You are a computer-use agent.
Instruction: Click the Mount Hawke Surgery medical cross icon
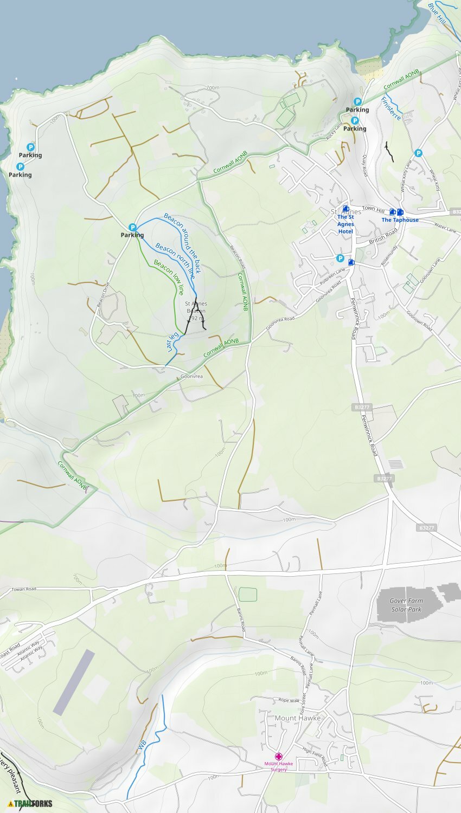point(279,756)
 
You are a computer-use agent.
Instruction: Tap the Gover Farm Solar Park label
point(406,605)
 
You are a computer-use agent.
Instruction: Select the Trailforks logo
point(30,803)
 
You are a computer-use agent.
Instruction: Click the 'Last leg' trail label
point(173,343)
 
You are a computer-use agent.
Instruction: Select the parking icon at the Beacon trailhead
point(132,227)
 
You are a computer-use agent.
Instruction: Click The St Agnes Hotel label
point(345,224)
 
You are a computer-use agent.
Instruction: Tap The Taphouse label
point(400,220)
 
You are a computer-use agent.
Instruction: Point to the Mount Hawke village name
point(298,718)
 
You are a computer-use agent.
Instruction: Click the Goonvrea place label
point(191,376)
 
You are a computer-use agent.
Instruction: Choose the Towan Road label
point(24,589)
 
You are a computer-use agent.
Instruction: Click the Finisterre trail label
point(391,108)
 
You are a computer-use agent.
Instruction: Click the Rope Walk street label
point(289,700)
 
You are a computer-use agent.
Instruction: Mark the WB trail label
point(142,745)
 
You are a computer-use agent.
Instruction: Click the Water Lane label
point(445,228)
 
